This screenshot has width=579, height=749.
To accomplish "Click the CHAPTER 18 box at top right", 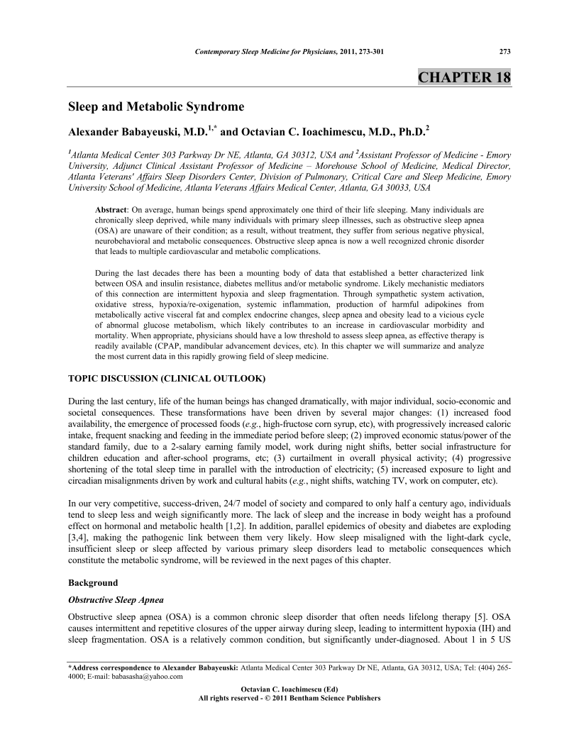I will pyautogui.click(x=464, y=76).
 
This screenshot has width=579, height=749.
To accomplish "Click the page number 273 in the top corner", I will pyautogui.click(x=505, y=51).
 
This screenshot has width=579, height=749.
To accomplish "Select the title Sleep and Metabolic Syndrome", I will pyautogui.click(x=155, y=107).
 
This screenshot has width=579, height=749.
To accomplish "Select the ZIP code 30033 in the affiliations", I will pyautogui.click(x=387, y=188).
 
